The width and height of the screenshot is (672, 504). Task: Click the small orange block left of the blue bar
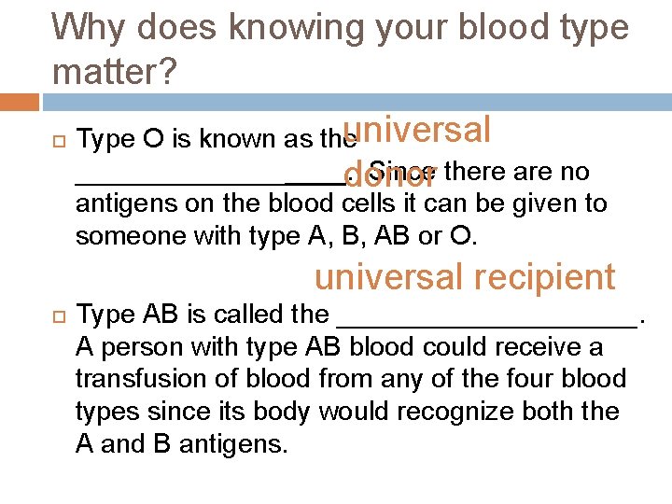20,102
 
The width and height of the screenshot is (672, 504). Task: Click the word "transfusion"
140,379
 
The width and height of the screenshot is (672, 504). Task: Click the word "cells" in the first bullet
369,203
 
